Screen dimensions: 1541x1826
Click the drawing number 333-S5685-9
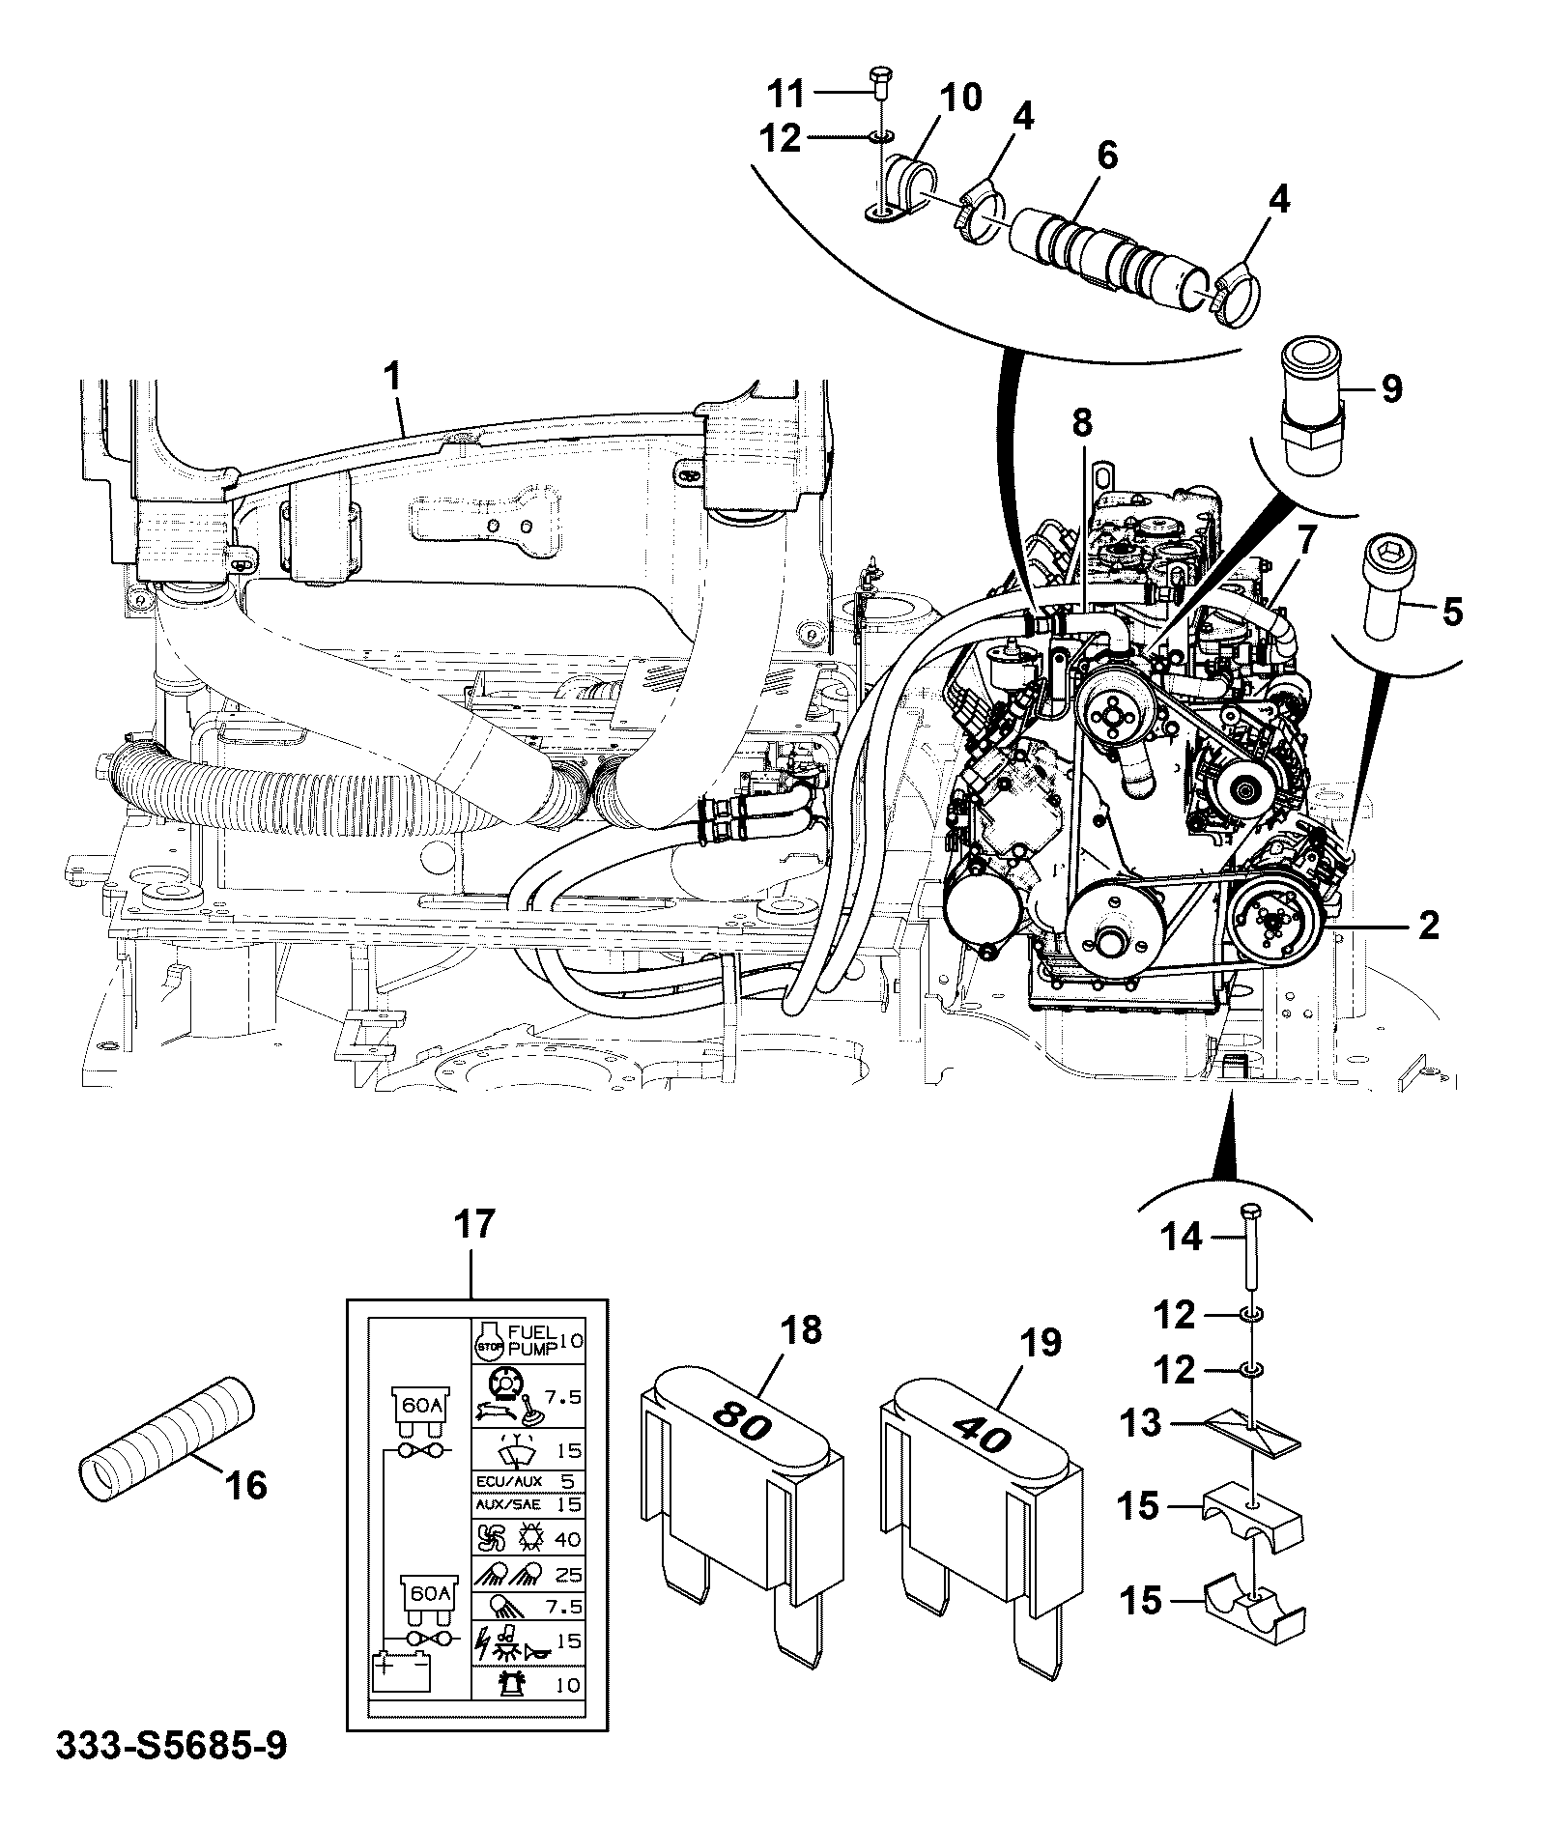171,1774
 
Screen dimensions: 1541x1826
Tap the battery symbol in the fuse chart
403,1672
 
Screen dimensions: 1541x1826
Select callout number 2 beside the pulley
1427,925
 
